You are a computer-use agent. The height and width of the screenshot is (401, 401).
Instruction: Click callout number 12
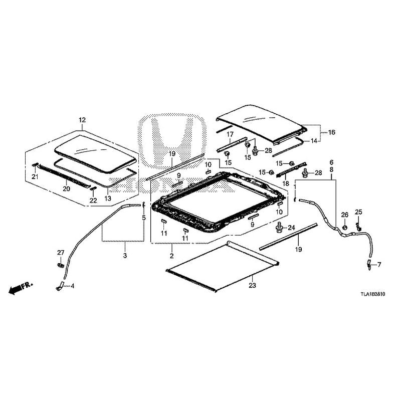coord(82,120)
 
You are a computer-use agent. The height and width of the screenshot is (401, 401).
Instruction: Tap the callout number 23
coord(252,286)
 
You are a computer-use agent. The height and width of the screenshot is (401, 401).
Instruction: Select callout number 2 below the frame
coord(171,256)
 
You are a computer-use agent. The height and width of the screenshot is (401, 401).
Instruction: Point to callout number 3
coord(125,256)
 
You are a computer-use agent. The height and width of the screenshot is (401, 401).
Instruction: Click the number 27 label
coord(61,252)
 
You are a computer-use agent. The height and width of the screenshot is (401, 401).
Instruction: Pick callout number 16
coord(331,132)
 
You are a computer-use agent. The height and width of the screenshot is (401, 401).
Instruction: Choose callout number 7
coord(379,264)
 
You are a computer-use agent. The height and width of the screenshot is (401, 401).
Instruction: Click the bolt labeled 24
coord(278,229)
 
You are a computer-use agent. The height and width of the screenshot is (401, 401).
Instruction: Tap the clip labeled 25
coord(358,221)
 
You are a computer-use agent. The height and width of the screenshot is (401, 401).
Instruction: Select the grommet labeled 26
coord(345,229)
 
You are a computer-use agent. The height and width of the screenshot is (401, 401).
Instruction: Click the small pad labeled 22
coord(93,188)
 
